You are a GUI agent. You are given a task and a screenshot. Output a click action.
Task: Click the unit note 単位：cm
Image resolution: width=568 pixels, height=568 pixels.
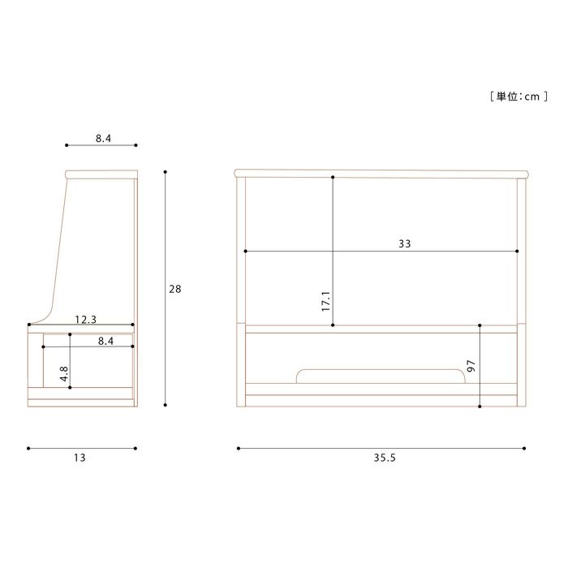tap(519, 97)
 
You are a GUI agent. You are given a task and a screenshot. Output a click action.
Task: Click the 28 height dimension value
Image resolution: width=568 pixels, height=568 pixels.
tap(175, 289)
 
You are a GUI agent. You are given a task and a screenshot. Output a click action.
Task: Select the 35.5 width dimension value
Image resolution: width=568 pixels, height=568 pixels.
tap(385, 458)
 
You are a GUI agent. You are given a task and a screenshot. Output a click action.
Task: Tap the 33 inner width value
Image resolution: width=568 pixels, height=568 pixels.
tap(405, 243)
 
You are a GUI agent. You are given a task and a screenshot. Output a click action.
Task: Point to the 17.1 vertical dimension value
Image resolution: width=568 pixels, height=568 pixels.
tap(325, 301)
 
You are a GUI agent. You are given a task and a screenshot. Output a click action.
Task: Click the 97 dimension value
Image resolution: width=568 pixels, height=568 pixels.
tap(471, 366)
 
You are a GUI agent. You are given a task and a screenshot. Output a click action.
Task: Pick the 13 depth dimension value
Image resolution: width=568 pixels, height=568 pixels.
tap(80, 458)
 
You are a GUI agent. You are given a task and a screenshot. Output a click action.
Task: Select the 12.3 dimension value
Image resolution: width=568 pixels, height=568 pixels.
tap(86, 320)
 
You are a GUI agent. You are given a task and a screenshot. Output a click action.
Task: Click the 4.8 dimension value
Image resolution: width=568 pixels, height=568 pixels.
tap(64, 373)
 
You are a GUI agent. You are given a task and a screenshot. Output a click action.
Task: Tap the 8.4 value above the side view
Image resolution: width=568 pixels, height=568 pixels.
tap(103, 139)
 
